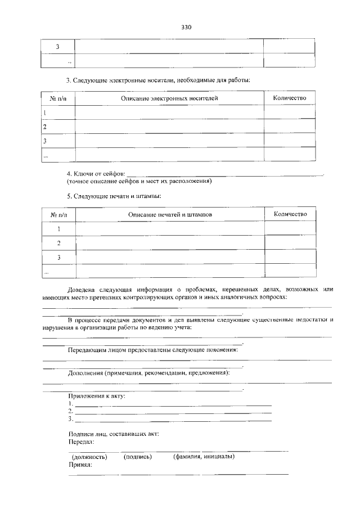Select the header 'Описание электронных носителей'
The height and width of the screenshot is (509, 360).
click(169, 98)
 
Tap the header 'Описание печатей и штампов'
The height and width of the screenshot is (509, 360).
click(169, 215)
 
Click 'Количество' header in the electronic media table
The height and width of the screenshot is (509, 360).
click(290, 98)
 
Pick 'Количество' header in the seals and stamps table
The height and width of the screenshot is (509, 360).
click(290, 214)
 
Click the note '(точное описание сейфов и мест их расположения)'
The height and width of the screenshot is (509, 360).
click(138, 182)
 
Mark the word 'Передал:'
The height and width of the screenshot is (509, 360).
click(81, 442)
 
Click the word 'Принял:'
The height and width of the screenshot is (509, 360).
click(80, 465)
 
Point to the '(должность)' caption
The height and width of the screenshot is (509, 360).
click(89, 457)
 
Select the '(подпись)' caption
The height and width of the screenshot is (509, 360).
click(138, 457)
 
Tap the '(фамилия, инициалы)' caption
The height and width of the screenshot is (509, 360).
click(204, 456)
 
